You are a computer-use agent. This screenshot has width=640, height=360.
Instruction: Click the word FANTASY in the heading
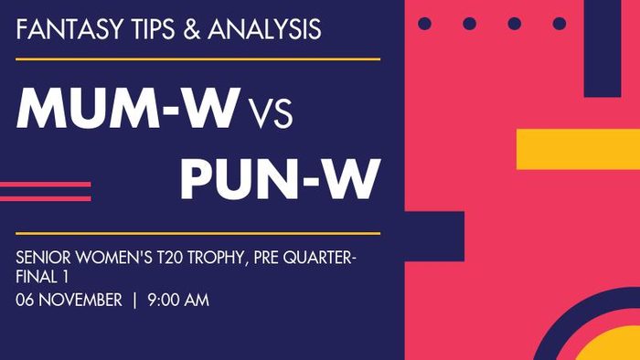click(x=69, y=29)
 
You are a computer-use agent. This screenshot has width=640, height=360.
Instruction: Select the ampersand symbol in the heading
click(x=191, y=29)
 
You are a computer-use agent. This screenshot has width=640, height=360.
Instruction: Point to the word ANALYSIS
click(x=264, y=29)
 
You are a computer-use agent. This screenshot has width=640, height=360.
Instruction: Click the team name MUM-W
click(x=127, y=108)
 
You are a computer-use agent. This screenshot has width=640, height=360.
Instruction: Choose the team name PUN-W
click(x=281, y=179)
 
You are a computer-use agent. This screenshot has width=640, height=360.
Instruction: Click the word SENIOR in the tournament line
click(x=43, y=258)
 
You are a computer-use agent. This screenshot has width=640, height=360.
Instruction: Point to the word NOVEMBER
click(x=80, y=300)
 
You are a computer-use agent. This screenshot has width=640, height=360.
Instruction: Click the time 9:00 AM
click(x=178, y=300)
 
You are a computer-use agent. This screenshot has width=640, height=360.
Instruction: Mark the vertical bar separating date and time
click(x=134, y=300)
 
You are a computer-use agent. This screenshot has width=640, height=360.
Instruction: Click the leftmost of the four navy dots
click(x=424, y=24)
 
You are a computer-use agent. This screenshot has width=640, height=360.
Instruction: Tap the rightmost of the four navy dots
click(x=560, y=24)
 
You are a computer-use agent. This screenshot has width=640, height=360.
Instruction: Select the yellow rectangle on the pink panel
click(x=578, y=149)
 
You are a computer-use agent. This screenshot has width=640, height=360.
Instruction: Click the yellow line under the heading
click(x=198, y=59)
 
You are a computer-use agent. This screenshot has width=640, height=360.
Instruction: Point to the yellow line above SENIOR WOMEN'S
click(x=198, y=234)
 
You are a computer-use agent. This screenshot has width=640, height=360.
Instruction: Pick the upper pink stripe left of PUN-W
click(x=46, y=185)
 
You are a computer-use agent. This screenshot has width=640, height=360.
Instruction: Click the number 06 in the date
click(x=25, y=300)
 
